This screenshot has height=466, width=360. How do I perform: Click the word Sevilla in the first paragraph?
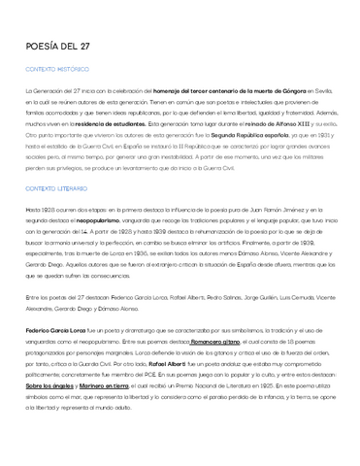coord(323,89)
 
